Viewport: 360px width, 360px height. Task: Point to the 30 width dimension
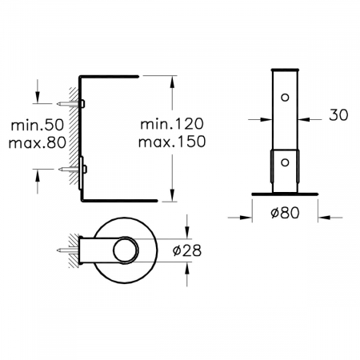click(338, 115)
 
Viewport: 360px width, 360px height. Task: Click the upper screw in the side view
click(70, 104)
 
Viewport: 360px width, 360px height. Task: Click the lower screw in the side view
click(70, 169)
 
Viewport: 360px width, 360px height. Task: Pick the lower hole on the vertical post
click(284, 162)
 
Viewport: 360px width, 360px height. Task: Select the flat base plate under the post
click(284, 194)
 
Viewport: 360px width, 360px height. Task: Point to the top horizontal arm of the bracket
click(110, 76)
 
